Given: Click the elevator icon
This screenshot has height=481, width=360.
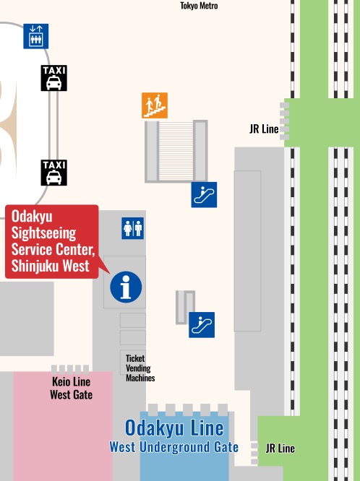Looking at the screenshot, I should tap(36, 35).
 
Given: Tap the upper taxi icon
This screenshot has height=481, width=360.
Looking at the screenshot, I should tap(54, 78).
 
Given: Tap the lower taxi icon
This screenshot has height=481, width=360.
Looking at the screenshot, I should tap(54, 173).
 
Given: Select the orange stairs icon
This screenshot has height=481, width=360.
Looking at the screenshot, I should tap(155, 105).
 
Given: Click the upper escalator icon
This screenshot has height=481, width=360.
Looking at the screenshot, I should tap(204, 195).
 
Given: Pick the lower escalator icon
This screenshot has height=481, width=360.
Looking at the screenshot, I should tap(202, 324).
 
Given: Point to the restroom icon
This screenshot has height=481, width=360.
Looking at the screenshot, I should tap(133, 227).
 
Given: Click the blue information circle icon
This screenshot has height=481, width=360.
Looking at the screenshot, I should tap(126, 287).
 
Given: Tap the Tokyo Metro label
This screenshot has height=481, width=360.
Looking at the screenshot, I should tap(199, 6).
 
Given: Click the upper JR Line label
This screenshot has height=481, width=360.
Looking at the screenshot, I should tap(264, 130).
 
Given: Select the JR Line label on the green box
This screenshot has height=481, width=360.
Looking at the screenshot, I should tap(280, 448).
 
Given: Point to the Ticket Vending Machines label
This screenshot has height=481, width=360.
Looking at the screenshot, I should tap(140, 368).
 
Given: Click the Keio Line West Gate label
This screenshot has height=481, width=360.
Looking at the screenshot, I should tap(71, 388).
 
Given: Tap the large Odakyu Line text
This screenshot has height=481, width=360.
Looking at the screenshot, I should tap(174, 428).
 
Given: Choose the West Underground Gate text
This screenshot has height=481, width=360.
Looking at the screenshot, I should tap(174, 447).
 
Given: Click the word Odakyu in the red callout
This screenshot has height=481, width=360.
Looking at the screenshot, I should tap(33, 217).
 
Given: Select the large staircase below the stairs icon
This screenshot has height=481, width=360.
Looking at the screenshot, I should tap(176, 150).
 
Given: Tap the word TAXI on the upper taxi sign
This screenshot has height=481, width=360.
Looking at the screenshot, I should tap(54, 71).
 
